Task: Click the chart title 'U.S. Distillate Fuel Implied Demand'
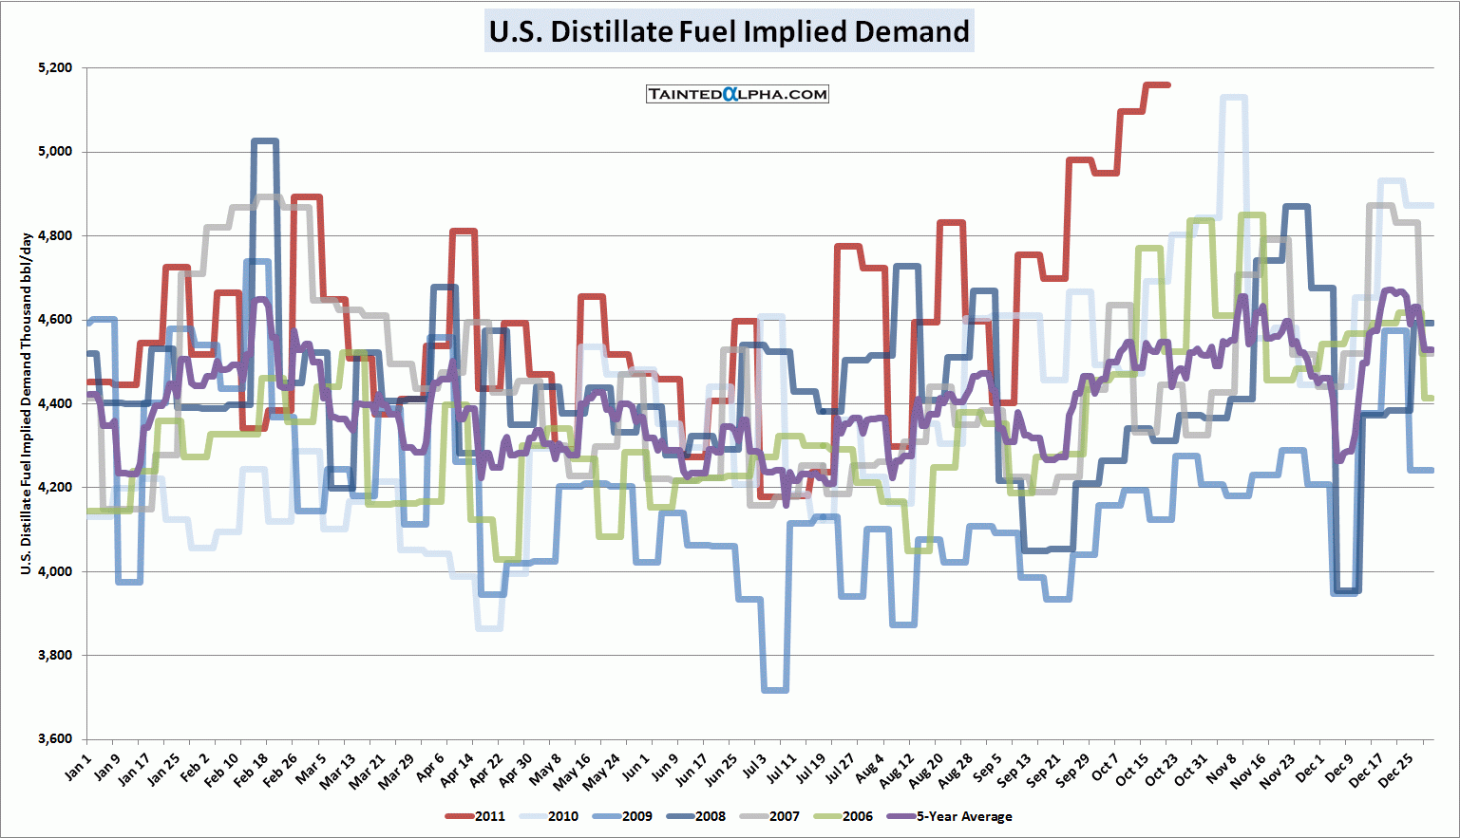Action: pos(729,31)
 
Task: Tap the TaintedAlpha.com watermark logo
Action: pos(737,94)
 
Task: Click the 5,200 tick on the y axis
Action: pos(55,68)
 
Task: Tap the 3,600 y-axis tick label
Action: pos(55,739)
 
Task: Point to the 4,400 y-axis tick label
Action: pos(55,403)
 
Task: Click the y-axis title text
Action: pos(27,403)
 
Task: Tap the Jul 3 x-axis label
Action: pos(754,767)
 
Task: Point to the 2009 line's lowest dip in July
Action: pos(775,690)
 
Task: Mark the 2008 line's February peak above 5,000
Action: pos(265,141)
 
